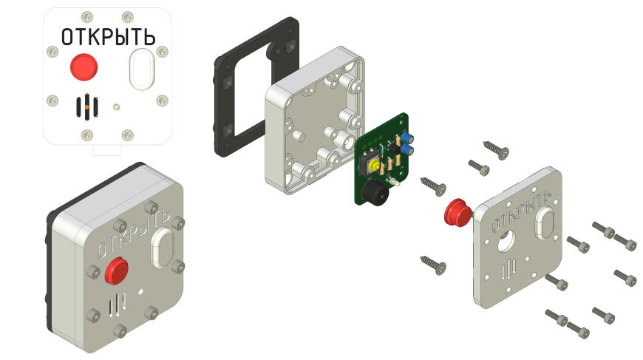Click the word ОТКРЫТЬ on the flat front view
pyautogui.click(x=108, y=37)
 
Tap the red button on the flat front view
pyautogui.click(x=84, y=67)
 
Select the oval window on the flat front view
pyautogui.click(x=142, y=69)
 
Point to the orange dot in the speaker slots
pyautogui.click(x=86, y=107)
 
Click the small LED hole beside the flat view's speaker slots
pyautogui.click(x=116, y=107)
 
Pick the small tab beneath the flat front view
pyautogui.click(x=107, y=149)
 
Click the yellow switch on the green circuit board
pyautogui.click(x=373, y=166)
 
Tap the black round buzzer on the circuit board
pyautogui.click(x=375, y=193)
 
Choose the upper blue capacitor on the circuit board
pyautogui.click(x=407, y=137)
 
